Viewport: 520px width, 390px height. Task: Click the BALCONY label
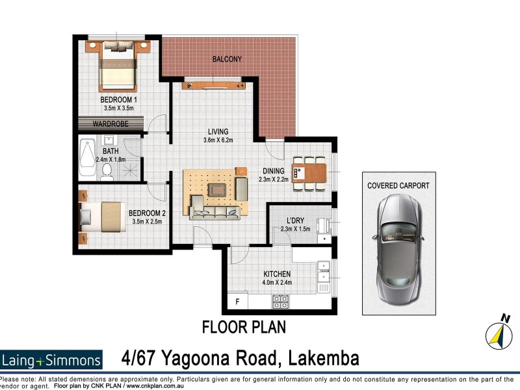(x=227, y=59)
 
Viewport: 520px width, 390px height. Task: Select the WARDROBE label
(x=108, y=123)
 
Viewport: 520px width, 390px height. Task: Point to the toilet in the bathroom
(x=108, y=171)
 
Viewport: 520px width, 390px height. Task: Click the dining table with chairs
(x=309, y=172)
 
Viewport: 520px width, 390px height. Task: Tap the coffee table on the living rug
(x=216, y=190)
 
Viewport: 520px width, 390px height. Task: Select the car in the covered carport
(x=398, y=250)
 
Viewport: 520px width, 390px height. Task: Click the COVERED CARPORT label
(x=398, y=185)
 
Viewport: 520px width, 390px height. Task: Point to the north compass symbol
(x=499, y=332)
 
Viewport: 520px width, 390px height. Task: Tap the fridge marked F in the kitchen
(x=238, y=302)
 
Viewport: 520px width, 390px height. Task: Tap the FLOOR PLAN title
(x=244, y=326)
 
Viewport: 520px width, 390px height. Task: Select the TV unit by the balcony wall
(x=214, y=83)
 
